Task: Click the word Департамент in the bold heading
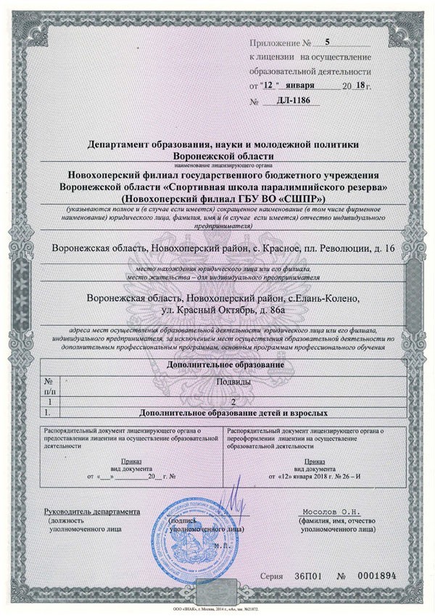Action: click(120, 143)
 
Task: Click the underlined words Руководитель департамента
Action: click(91, 511)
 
